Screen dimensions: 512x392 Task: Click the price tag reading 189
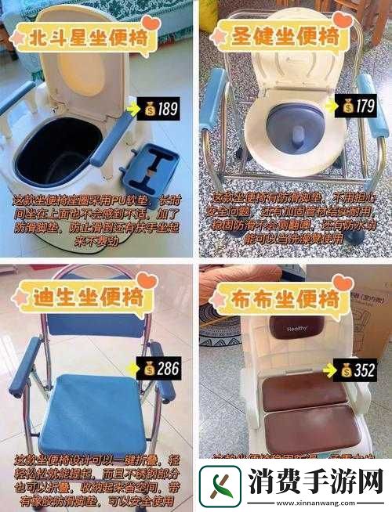click(158, 109)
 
